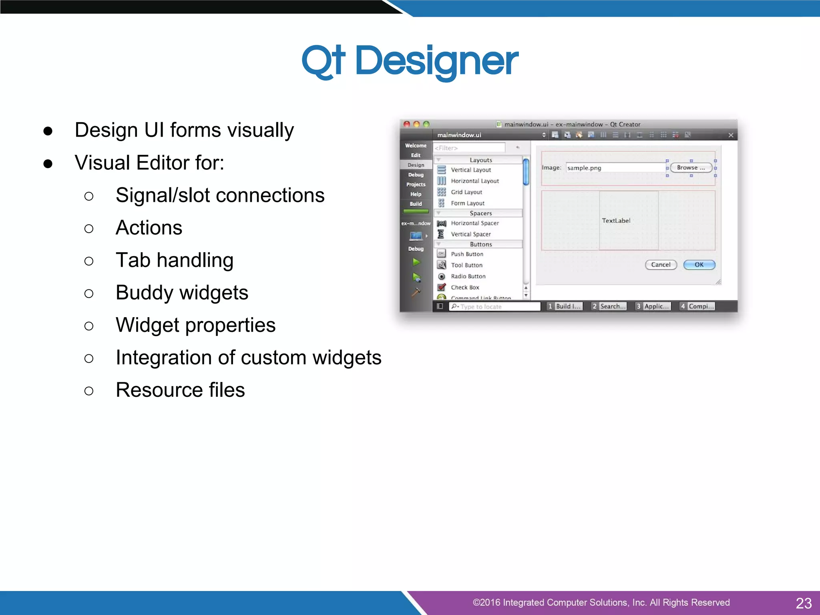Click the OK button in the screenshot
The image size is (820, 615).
tap(699, 265)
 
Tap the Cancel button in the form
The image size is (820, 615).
tap(661, 265)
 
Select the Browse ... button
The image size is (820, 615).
tap(691, 168)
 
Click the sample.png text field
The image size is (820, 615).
tap(615, 168)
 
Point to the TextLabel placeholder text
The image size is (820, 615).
tap(616, 221)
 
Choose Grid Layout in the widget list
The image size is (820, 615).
tap(466, 192)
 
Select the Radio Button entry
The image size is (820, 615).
tap(468, 276)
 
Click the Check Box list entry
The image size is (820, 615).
tap(465, 287)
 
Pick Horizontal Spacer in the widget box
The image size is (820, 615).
tap(475, 223)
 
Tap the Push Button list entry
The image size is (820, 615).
tap(467, 254)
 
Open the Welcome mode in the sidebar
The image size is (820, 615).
tap(416, 145)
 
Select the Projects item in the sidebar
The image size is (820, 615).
tap(416, 185)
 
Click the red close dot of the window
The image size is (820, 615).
tap(407, 124)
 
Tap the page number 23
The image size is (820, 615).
tap(803, 603)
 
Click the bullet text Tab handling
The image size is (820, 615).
tap(175, 260)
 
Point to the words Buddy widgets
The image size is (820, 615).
tap(182, 293)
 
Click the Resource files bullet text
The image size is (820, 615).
tap(180, 390)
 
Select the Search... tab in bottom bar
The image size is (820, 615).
tap(609, 306)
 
